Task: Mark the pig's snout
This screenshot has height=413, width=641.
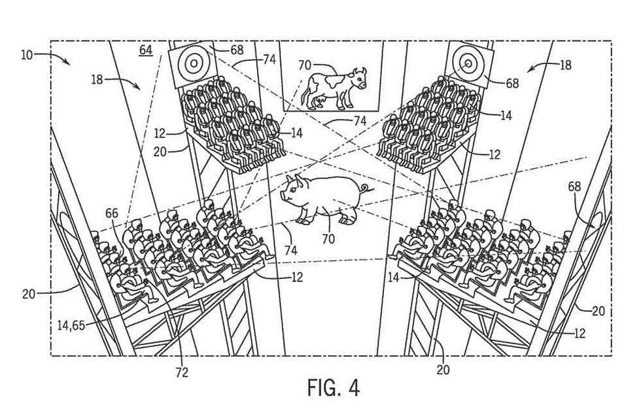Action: [285, 194]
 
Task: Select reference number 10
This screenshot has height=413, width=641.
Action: [26, 54]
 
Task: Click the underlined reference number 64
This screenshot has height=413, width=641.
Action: [145, 50]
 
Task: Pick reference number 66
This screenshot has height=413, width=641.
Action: [112, 213]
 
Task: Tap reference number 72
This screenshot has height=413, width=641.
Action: [182, 372]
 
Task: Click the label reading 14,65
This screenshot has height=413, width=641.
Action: [70, 323]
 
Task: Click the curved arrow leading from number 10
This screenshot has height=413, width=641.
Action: [59, 58]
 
